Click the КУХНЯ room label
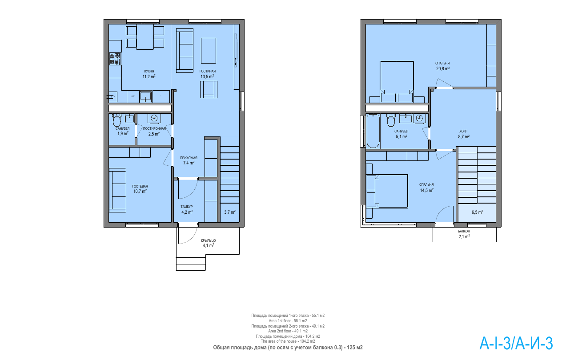click(x=149, y=71)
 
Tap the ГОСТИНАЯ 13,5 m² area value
click(x=207, y=76)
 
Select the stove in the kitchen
click(x=115, y=59)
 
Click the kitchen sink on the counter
click(x=146, y=97)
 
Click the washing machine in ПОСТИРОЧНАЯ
click(x=154, y=118)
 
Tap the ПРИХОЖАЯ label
click(x=189, y=158)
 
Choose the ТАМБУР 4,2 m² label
click(x=187, y=210)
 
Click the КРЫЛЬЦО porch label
click(x=209, y=240)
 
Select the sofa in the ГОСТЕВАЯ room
click(x=118, y=190)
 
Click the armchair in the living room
click(x=209, y=89)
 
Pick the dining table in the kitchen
click(x=145, y=37)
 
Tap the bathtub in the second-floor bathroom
click(x=373, y=131)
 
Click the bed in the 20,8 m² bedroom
click(x=397, y=81)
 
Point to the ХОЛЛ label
click(x=463, y=131)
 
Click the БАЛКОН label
click(x=464, y=231)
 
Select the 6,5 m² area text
click(x=477, y=212)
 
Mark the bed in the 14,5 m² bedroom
click(x=387, y=191)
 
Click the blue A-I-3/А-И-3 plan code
click(x=516, y=344)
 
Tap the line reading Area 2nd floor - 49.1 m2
click(x=288, y=331)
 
